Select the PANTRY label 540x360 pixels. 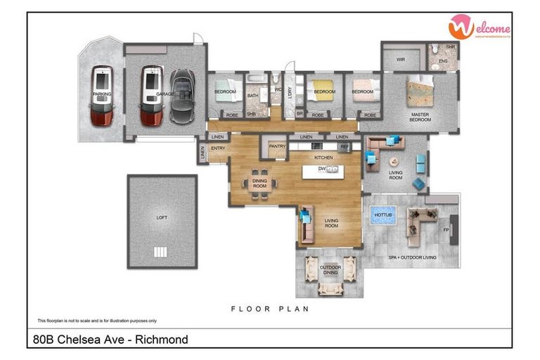pos(277,147)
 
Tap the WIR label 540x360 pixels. pos(401,60)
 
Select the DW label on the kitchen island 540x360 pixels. pos(322,169)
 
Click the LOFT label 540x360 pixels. pos(162,218)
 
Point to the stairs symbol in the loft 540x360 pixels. pos(161,252)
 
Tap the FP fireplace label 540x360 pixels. pos(446,230)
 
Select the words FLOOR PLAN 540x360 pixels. pos(270,309)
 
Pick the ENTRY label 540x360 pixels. pos(218,148)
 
